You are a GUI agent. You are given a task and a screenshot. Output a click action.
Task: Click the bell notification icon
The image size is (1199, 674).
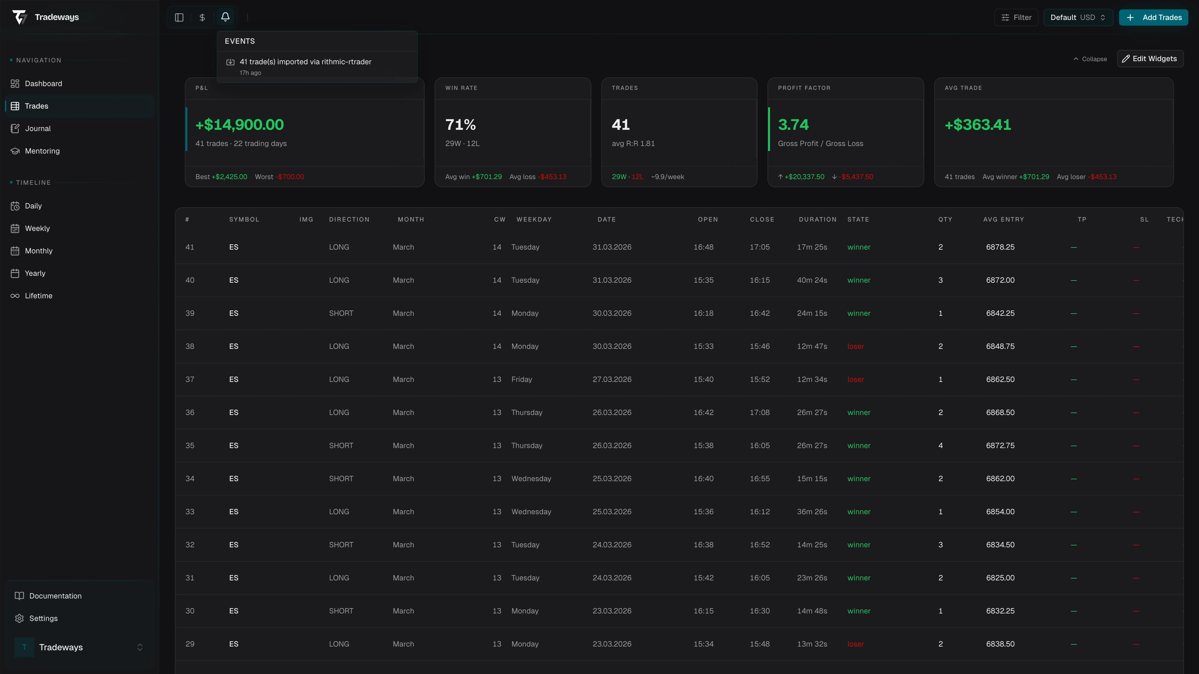tap(225, 17)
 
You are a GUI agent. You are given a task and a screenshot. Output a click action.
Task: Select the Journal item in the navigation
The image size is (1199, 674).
tap(38, 128)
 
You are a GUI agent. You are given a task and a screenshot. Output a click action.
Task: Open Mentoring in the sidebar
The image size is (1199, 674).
tap(42, 151)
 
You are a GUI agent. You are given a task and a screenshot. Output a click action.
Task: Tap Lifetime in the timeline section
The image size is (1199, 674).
tap(38, 296)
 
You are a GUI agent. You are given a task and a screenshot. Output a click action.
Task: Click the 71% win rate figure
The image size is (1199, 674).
tap(460, 125)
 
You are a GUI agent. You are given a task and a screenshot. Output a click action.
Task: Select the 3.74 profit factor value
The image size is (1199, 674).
tap(793, 125)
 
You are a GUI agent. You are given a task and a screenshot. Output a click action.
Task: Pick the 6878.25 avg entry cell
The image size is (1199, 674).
tap(1000, 247)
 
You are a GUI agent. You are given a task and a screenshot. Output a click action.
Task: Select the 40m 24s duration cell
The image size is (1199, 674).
tap(812, 280)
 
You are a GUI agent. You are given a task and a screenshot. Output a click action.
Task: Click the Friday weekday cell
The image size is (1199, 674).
tap(521, 379)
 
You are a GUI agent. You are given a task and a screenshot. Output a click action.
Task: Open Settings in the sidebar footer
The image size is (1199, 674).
tap(43, 618)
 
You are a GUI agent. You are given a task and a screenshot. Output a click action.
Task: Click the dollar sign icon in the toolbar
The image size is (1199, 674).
tap(202, 17)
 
